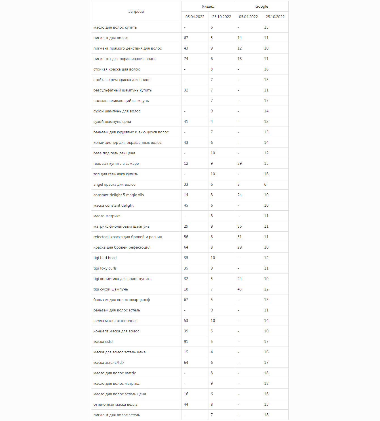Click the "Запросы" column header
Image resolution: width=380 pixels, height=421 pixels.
[136, 12]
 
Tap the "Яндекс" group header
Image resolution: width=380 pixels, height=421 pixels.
[208, 7]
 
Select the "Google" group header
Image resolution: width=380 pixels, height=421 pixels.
[261, 7]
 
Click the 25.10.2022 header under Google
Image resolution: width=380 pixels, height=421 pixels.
[275, 17]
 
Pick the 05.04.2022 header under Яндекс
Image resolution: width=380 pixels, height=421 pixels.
[195, 17]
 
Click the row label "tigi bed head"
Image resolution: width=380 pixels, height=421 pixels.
[105, 258]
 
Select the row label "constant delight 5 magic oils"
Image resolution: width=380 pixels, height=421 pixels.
[119, 195]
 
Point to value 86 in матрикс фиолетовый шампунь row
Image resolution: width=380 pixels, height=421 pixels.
[240, 226]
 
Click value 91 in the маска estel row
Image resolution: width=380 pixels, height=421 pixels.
[186, 342]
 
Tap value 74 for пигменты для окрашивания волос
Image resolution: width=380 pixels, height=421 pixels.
[186, 59]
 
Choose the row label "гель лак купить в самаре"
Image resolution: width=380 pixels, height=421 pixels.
[116, 164]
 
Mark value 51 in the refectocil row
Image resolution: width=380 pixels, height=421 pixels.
[240, 237]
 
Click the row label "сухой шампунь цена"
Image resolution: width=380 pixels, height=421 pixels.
[112, 122]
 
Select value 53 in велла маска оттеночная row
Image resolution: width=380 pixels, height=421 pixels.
[186, 321]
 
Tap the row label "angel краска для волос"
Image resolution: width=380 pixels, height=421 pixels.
[114, 185]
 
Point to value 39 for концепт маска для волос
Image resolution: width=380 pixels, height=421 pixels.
[186, 331]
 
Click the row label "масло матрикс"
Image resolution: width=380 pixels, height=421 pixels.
[107, 216]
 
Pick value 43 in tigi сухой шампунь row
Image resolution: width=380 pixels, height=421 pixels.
[240, 289]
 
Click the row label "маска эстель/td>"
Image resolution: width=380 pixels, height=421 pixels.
[109, 363]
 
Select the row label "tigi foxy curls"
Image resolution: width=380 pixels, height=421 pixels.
[105, 268]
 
